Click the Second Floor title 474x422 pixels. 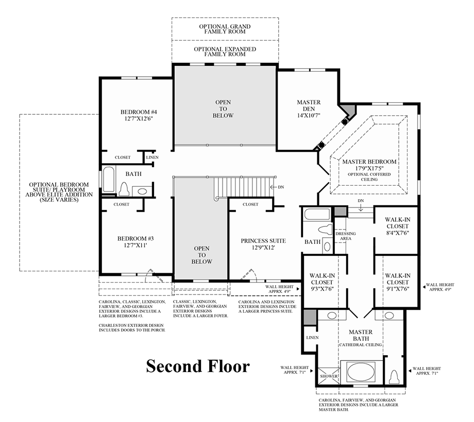pos(198,366)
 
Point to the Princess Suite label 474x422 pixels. pos(263,240)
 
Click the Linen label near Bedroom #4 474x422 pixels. pos(153,157)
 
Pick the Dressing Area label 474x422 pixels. pos(345,236)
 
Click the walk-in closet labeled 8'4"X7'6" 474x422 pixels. pos(397,226)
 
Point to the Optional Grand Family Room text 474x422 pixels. pos(225,29)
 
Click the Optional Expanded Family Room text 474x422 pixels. pos(225,51)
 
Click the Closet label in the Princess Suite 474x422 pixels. pos(250,204)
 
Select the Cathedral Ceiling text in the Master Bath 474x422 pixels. pos(360,343)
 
